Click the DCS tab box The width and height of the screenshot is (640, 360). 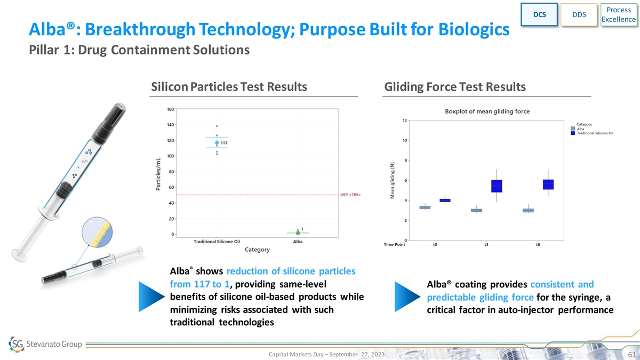539,14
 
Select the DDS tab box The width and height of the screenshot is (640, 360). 579,14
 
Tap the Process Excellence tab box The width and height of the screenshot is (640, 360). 619,14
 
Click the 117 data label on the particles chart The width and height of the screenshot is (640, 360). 224,143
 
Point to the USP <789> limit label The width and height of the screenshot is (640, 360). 350,195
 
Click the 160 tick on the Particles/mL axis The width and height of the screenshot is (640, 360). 171,109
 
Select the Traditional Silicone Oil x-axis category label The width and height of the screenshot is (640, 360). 217,242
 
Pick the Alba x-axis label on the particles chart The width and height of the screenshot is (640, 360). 298,242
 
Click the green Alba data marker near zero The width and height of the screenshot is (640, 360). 298,233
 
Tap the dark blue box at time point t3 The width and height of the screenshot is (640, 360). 497,186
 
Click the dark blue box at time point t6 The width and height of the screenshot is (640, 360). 548,185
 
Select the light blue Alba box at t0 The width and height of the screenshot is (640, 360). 425,207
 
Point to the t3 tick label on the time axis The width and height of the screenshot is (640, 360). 486,245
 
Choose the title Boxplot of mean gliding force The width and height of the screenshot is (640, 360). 487,111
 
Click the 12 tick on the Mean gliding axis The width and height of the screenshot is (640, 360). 405,121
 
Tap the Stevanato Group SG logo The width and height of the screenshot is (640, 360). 17,344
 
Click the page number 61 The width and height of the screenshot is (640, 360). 631,355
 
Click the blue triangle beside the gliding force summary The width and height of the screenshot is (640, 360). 407,297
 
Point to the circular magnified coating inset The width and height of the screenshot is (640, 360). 97,232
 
